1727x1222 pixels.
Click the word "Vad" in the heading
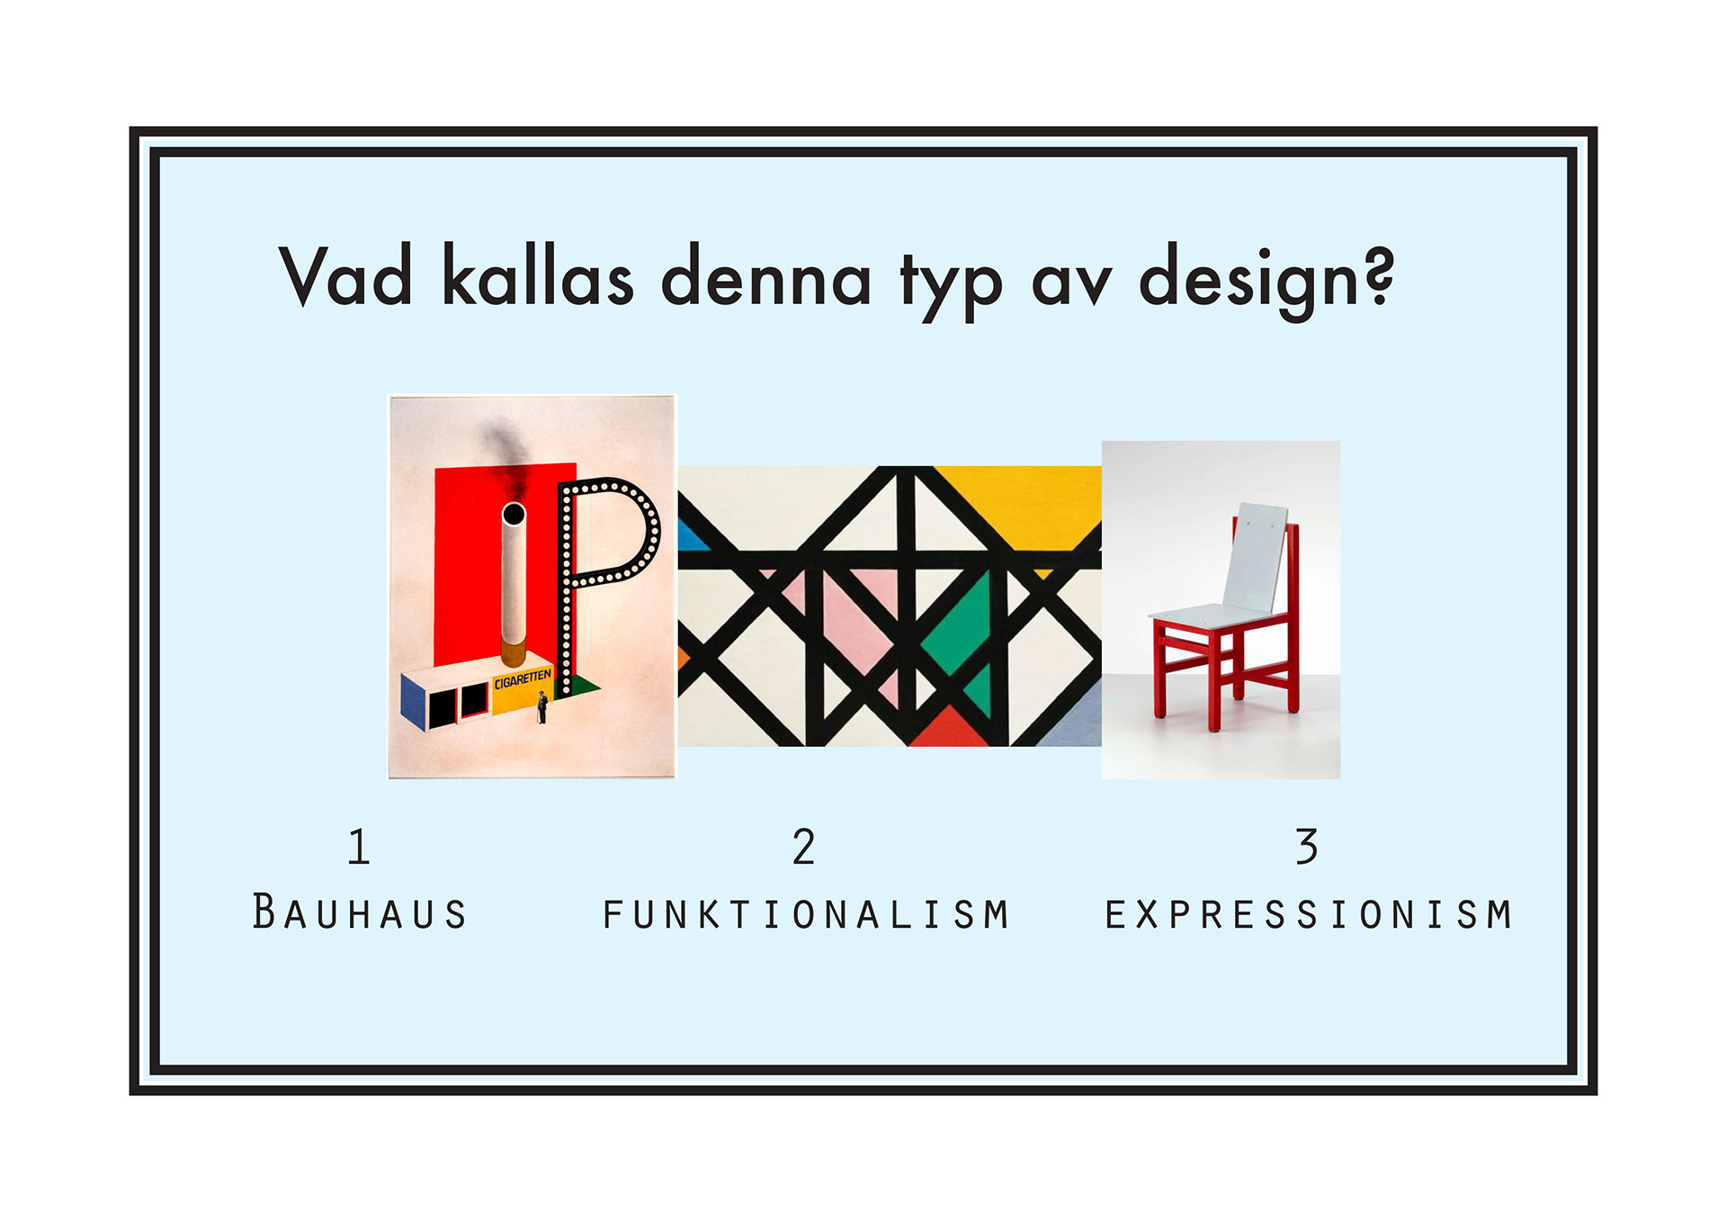(345, 275)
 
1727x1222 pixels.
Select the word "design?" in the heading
(1266, 281)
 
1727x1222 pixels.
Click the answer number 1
(359, 847)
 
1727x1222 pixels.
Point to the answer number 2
(804, 847)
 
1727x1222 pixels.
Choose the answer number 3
(1307, 847)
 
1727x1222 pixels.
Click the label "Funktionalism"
(806, 914)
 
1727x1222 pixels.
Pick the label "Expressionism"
(1309, 914)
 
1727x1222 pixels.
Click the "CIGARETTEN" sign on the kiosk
(522, 678)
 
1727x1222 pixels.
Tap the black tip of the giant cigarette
(514, 515)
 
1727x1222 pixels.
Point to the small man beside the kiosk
(542, 707)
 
